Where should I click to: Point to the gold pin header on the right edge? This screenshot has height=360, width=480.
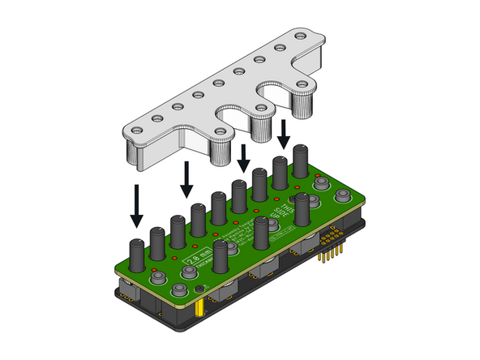tap(328, 246)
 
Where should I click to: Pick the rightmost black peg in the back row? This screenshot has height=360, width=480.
tap(301, 162)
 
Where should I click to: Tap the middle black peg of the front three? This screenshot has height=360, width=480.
tap(260, 232)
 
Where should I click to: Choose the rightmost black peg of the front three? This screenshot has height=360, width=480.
tap(302, 209)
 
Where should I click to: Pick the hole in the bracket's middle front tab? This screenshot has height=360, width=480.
tap(260, 106)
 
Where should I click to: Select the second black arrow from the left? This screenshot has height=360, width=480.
tap(186, 178)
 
